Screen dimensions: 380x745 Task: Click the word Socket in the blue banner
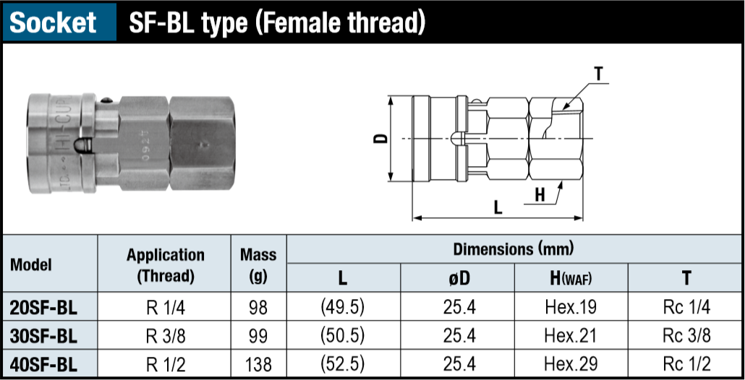(54, 22)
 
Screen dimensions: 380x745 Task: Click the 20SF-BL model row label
(43, 307)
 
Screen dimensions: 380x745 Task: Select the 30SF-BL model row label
(43, 335)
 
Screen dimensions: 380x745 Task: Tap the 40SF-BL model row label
(43, 363)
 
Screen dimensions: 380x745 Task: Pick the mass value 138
(258, 363)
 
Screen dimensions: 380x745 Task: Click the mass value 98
(258, 307)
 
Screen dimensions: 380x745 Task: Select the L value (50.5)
(342, 335)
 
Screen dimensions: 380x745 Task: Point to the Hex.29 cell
(571, 363)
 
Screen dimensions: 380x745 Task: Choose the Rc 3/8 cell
(686, 335)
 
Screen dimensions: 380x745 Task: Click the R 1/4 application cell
(165, 307)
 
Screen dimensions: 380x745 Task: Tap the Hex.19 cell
(571, 307)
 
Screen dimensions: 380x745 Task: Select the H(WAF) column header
(571, 278)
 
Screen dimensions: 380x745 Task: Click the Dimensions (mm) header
(514, 250)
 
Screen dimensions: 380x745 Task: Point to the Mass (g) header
(258, 264)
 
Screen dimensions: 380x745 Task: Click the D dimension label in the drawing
(383, 137)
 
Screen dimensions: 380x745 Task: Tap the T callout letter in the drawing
(598, 73)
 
